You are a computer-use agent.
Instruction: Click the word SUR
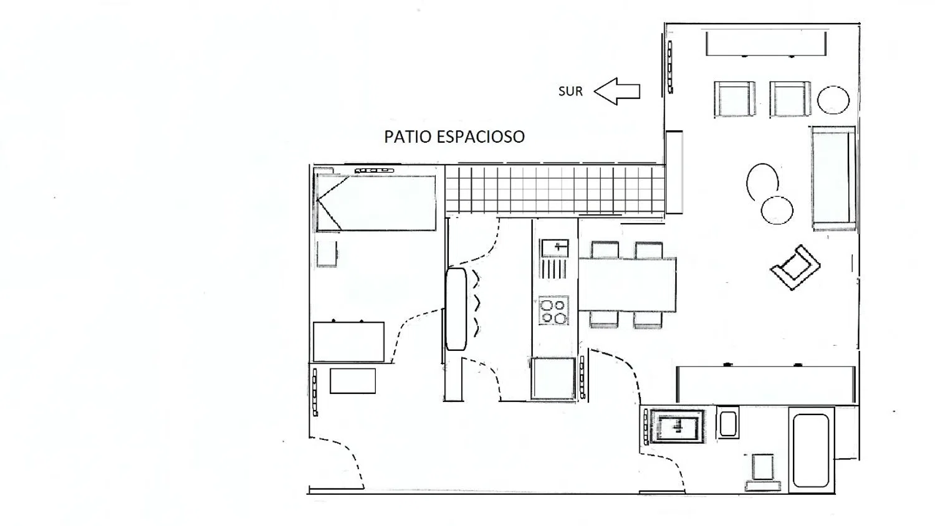pyautogui.click(x=570, y=92)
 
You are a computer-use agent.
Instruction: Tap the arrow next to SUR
pyautogui.click(x=617, y=91)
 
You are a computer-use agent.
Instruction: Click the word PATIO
pyautogui.click(x=408, y=137)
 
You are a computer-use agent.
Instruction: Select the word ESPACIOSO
pyautogui.click(x=481, y=137)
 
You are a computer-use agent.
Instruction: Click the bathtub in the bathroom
pyautogui.click(x=810, y=451)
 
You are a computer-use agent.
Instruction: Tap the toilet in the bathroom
pyautogui.click(x=762, y=472)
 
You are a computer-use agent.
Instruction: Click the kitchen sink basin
pyautogui.click(x=555, y=248)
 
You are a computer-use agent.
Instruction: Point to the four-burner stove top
pyautogui.click(x=554, y=310)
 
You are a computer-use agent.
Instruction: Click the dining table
pyautogui.click(x=627, y=285)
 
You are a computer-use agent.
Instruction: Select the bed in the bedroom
pyautogui.click(x=376, y=203)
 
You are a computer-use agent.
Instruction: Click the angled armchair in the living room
pyautogui.click(x=795, y=267)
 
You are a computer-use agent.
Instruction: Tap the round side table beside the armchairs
pyautogui.click(x=833, y=100)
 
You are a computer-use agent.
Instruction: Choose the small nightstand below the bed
pyautogui.click(x=327, y=254)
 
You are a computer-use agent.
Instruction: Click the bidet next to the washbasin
pyautogui.click(x=728, y=423)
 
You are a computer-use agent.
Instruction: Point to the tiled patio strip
pyautogui.click(x=555, y=189)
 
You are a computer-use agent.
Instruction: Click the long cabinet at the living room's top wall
pyautogui.click(x=766, y=44)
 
